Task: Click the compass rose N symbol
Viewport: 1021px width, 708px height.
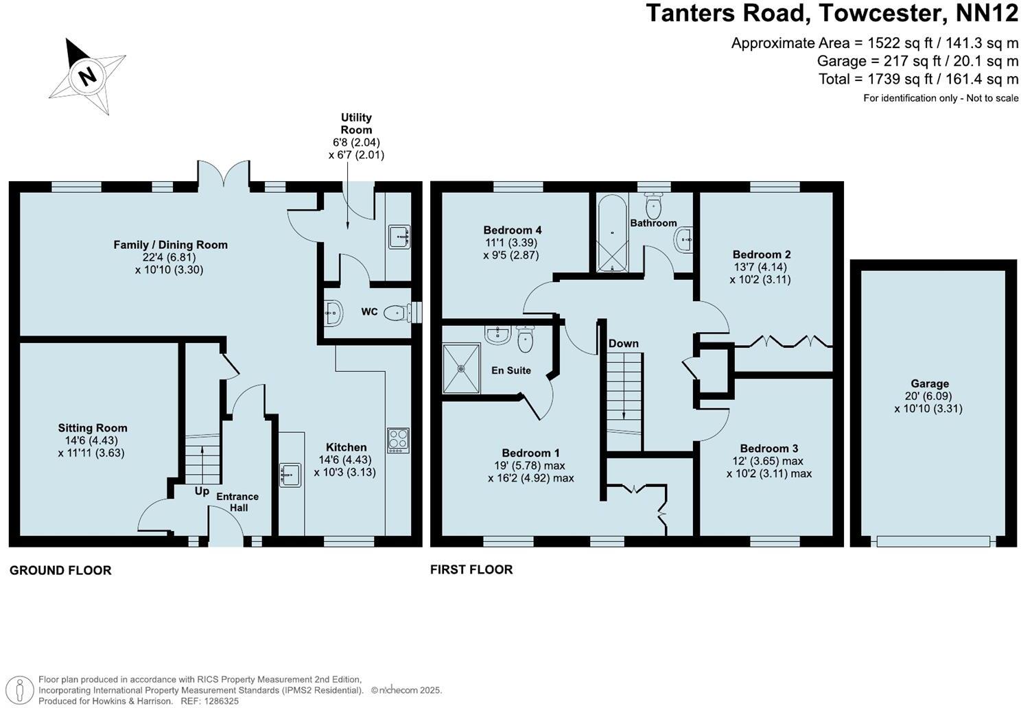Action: [86, 75]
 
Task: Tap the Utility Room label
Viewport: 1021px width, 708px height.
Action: [356, 123]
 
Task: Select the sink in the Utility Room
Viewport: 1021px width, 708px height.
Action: [399, 236]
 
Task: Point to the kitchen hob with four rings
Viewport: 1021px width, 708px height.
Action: [398, 439]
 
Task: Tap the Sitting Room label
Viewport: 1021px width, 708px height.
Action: [93, 428]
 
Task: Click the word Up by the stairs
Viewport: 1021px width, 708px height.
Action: [202, 491]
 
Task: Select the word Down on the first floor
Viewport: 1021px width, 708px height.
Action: [623, 343]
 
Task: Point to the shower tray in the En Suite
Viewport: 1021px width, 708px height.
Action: [461, 368]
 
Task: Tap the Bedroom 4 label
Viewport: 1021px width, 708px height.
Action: [512, 230]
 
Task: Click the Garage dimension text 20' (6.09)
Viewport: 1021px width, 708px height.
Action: [929, 397]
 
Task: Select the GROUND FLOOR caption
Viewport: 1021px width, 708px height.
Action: [60, 570]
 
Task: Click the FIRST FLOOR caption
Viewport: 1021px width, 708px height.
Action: [471, 569]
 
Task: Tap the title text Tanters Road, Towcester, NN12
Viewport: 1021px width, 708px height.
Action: [832, 14]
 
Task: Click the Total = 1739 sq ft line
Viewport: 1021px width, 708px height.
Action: [918, 79]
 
